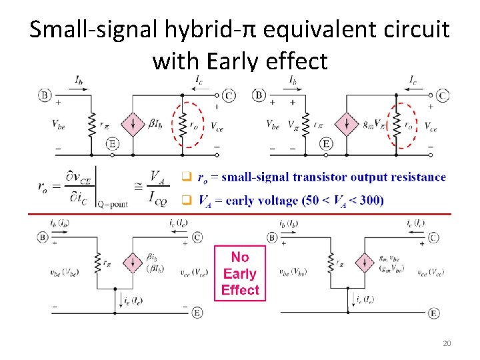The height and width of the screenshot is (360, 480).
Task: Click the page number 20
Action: [447, 343]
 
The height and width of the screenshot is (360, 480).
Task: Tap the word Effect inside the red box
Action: [240, 290]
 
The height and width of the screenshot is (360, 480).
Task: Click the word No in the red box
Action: [240, 257]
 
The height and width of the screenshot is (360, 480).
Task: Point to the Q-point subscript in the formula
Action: [111, 204]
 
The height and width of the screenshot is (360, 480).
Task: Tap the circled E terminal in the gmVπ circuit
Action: [326, 143]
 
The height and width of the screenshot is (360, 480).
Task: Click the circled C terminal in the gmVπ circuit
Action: [443, 96]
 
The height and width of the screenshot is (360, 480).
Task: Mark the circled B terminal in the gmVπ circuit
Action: [259, 96]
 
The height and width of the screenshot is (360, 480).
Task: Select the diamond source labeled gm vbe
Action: [364, 262]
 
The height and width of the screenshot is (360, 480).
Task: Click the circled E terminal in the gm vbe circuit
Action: [434, 313]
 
